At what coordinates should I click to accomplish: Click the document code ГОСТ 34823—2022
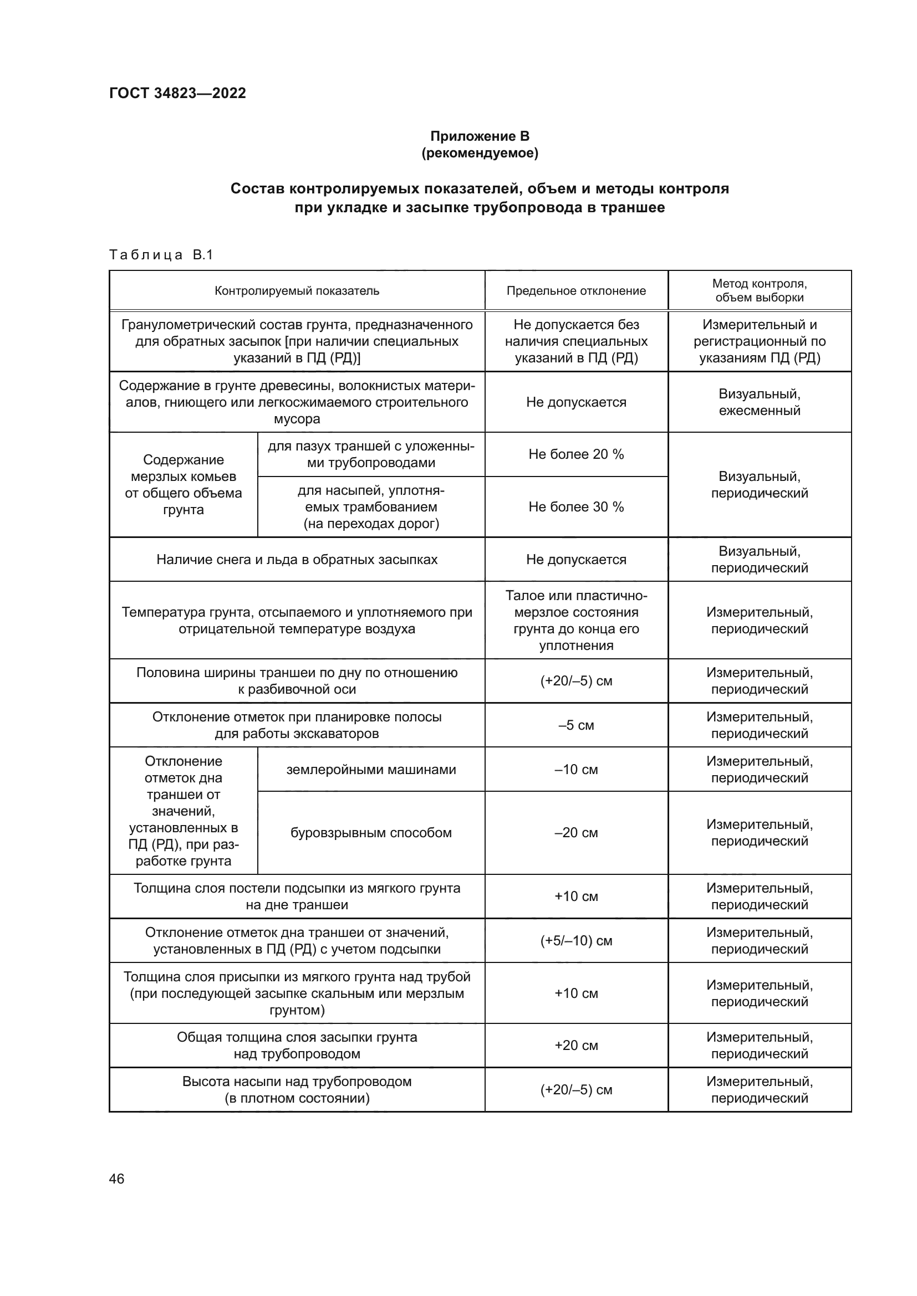click(x=177, y=93)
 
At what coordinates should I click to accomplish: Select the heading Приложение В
click(x=480, y=136)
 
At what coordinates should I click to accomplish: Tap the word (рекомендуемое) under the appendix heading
click(x=480, y=153)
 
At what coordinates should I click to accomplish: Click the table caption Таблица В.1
click(x=161, y=255)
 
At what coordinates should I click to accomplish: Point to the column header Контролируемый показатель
click(x=297, y=291)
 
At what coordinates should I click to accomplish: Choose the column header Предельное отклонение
click(x=576, y=291)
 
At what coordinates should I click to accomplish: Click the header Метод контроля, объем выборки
click(x=759, y=290)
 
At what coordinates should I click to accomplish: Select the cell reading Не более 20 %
click(x=576, y=454)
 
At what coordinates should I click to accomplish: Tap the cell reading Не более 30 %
click(x=576, y=507)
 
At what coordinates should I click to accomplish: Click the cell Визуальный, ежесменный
click(x=759, y=402)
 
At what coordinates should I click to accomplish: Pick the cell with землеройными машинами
click(x=371, y=770)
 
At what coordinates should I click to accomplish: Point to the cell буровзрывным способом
click(x=371, y=833)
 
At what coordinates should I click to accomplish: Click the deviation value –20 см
click(x=576, y=833)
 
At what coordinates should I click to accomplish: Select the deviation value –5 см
click(x=576, y=725)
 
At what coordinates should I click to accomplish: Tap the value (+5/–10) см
click(x=576, y=940)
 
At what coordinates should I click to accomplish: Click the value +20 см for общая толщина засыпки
click(x=576, y=1046)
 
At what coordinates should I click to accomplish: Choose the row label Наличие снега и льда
click(x=297, y=560)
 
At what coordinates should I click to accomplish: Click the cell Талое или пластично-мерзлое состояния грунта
click(x=576, y=621)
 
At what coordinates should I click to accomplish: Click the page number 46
click(x=116, y=1179)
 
